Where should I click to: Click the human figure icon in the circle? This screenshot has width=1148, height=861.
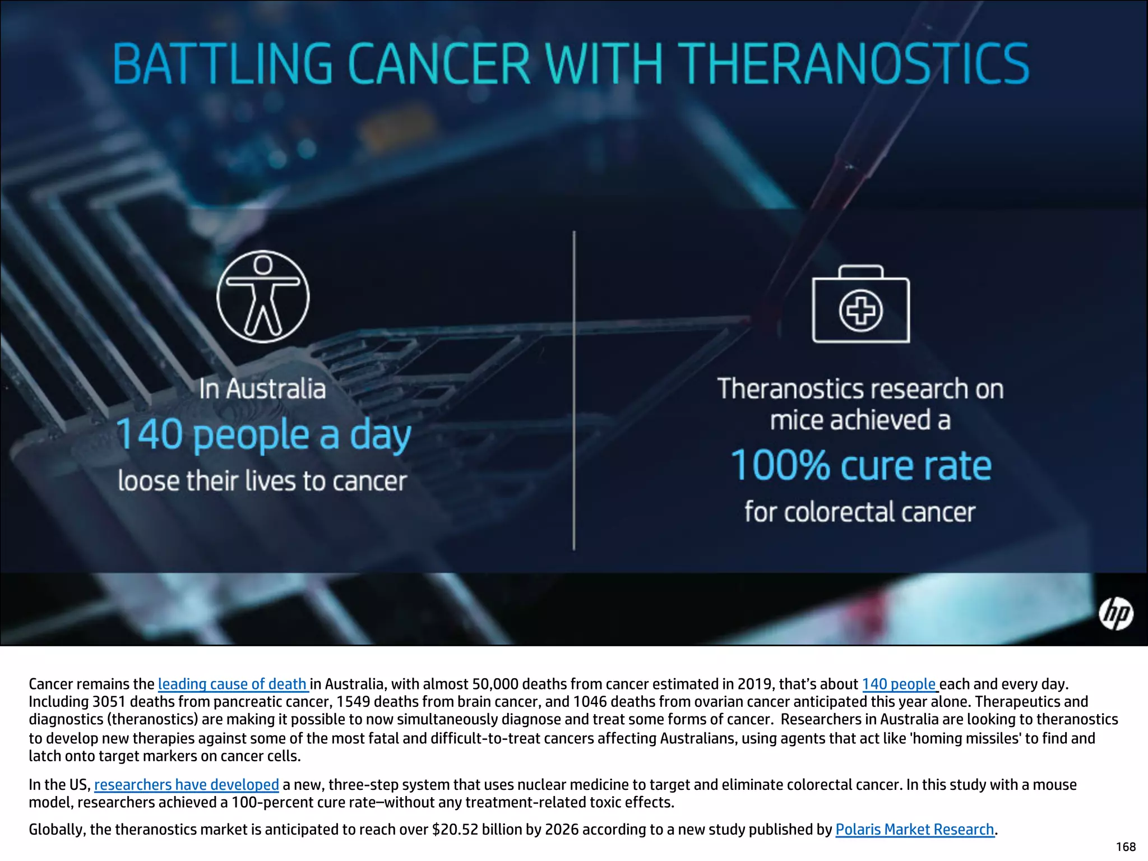click(x=263, y=297)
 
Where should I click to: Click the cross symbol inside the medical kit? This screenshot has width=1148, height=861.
click(x=860, y=310)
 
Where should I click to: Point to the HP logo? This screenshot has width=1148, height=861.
click(x=1115, y=613)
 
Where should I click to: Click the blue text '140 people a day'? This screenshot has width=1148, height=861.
click(x=263, y=435)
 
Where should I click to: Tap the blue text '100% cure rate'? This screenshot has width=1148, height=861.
click(x=861, y=466)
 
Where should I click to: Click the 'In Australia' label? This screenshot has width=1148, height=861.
click(x=262, y=389)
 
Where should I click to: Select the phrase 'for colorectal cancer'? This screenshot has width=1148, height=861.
click(x=860, y=512)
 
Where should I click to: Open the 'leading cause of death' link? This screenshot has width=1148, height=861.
click(x=232, y=684)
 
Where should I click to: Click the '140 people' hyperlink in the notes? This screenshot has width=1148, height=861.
click(x=899, y=684)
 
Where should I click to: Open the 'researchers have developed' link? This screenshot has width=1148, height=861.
click(x=186, y=784)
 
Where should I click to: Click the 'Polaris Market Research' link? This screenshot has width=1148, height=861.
click(x=915, y=829)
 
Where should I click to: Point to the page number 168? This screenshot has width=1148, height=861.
click(x=1126, y=846)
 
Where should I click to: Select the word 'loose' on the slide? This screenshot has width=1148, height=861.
click(x=149, y=481)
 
